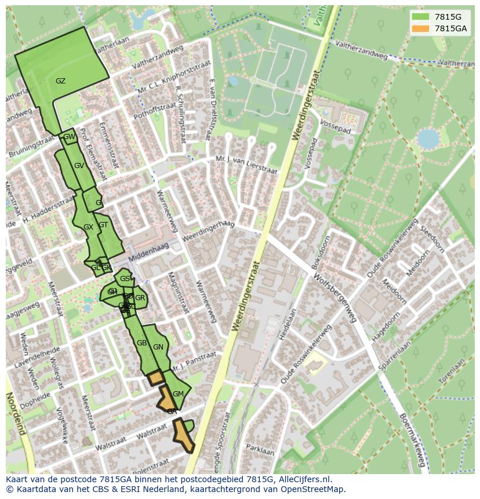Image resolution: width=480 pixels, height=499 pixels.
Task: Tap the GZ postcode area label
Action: (60, 81)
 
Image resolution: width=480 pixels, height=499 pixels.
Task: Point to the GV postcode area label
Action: (79, 166)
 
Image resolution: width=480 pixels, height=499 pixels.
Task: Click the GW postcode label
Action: (69, 137)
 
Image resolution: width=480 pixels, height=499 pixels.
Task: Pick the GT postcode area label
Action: (103, 225)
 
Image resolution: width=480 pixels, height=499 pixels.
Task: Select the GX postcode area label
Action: (88, 227)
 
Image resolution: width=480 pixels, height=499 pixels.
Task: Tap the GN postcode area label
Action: (158, 347)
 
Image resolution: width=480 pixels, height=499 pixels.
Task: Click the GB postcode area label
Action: (141, 343)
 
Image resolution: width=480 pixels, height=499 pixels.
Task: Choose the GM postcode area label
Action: (178, 394)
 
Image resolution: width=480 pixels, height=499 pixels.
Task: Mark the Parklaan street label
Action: (260, 450)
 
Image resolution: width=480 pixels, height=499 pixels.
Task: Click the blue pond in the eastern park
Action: (428, 139)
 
